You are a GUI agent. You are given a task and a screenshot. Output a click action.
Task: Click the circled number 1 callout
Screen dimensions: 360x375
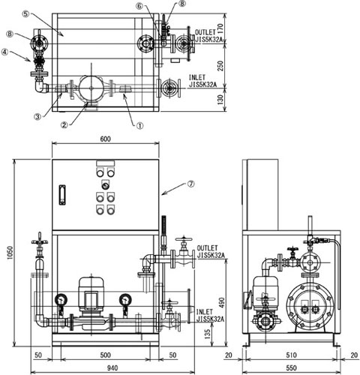(139, 125)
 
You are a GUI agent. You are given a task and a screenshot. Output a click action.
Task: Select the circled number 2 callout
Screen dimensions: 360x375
(64, 124)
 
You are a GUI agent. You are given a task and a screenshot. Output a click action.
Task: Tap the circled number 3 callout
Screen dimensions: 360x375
(37, 116)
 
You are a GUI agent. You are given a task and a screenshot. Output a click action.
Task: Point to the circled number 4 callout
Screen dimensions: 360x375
(4, 52)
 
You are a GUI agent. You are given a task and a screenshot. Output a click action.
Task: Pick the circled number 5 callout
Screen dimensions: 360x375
(25, 14)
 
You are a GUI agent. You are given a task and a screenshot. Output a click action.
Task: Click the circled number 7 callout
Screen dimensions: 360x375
(191, 184)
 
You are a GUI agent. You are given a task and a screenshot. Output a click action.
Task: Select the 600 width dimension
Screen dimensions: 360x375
(106, 139)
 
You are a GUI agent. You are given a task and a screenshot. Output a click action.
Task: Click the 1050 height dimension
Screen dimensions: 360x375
(10, 253)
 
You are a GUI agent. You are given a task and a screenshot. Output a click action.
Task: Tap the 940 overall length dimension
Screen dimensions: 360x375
(112, 368)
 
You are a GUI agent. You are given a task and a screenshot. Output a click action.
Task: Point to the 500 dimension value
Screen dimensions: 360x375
(105, 355)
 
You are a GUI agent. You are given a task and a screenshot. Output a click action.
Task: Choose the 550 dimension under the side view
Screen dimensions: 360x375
(292, 368)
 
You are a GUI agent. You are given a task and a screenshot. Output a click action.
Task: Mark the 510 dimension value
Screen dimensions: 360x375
(292, 355)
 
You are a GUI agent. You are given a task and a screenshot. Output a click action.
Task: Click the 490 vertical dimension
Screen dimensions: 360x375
(222, 302)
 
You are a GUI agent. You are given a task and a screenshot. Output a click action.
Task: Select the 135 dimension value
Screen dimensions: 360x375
(208, 334)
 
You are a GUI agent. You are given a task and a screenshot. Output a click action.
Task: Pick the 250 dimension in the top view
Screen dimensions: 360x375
(220, 66)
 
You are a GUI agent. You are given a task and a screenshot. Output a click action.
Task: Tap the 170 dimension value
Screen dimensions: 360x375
(220, 28)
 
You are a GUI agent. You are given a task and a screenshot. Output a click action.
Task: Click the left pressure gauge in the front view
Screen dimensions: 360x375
(61, 300)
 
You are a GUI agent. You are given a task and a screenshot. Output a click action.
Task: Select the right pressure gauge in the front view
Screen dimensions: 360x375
(125, 299)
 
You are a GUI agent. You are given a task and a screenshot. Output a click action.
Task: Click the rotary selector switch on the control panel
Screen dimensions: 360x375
(105, 185)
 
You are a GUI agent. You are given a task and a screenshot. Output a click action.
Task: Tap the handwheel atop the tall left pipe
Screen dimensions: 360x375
(40, 241)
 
